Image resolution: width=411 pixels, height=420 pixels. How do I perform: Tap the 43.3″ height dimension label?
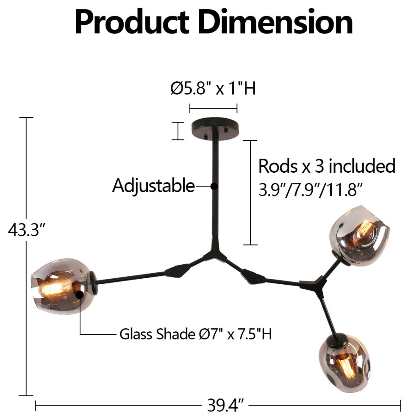26,231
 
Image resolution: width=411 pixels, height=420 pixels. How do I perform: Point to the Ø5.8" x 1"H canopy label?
213,89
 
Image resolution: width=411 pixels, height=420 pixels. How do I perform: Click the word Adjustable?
153,186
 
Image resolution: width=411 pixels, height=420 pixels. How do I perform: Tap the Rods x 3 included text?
327,166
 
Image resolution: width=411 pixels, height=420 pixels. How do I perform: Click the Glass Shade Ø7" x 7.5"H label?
195,335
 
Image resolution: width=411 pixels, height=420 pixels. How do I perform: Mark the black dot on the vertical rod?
214,186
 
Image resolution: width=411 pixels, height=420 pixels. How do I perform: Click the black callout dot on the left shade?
79,294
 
